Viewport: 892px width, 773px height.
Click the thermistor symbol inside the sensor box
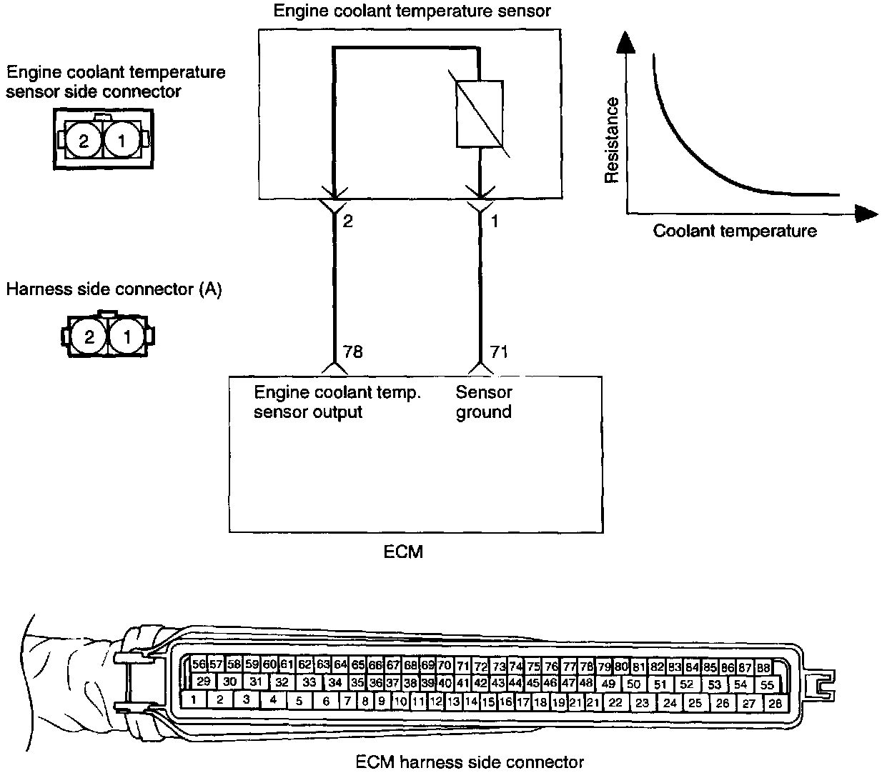(x=479, y=114)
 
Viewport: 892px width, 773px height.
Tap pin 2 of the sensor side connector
(x=84, y=140)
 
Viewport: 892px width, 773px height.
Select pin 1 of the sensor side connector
(x=122, y=140)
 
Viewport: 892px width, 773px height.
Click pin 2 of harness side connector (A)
(x=89, y=336)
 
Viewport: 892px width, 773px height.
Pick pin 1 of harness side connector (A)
(x=127, y=336)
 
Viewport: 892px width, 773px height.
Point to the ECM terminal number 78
(x=353, y=351)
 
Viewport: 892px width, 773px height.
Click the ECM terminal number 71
(x=500, y=351)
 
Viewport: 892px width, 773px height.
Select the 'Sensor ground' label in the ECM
(x=484, y=402)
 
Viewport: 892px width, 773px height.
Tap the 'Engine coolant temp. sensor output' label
(x=338, y=402)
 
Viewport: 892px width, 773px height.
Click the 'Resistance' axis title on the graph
(x=612, y=141)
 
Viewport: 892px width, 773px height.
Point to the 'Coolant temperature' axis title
(x=734, y=231)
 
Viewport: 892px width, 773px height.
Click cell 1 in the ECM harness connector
(x=194, y=700)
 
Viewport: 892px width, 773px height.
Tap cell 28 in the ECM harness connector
(x=775, y=702)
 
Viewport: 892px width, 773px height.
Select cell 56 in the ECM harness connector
(x=199, y=664)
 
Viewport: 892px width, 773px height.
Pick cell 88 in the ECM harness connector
(x=763, y=667)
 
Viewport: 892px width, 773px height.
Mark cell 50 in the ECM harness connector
(x=633, y=684)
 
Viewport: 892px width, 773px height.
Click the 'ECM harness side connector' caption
(x=470, y=762)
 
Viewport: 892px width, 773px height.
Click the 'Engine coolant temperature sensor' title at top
(x=412, y=11)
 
